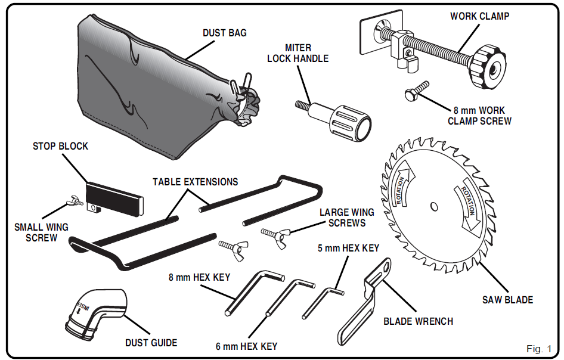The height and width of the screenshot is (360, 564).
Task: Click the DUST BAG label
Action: click(224, 33)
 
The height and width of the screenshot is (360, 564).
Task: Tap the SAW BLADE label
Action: click(507, 300)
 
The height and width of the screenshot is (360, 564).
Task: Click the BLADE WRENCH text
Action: click(418, 321)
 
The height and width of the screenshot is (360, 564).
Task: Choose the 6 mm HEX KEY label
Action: click(246, 346)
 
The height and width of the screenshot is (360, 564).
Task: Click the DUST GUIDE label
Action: click(151, 343)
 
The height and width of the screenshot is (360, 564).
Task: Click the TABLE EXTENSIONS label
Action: click(195, 182)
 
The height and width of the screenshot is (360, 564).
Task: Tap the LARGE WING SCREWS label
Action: click(346, 218)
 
